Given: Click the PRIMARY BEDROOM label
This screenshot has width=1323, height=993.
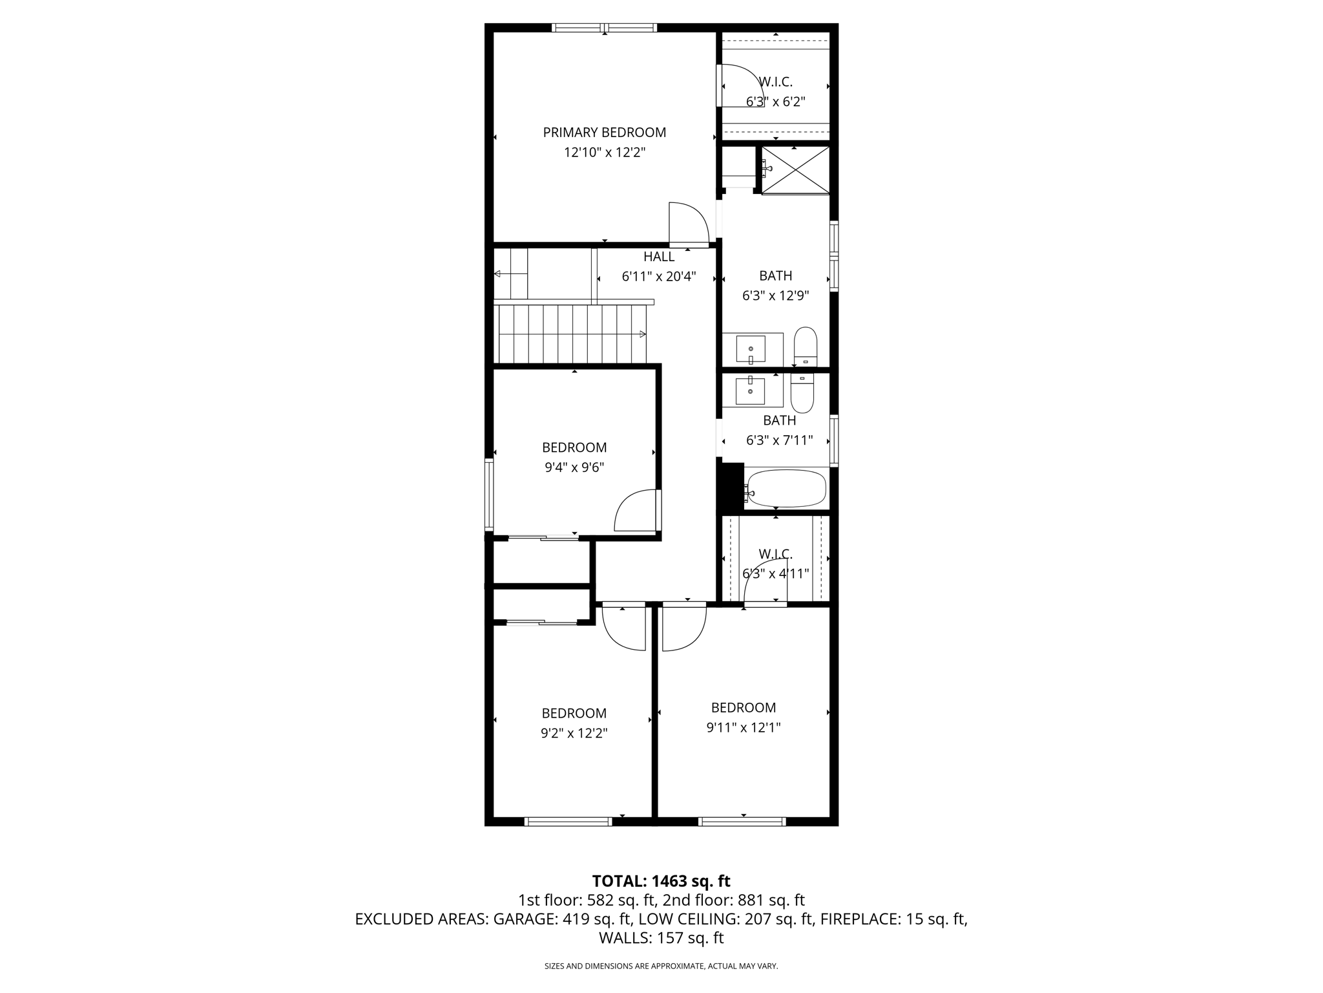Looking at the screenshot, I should tap(604, 133).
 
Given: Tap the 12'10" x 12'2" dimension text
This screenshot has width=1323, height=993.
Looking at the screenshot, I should tap(604, 153).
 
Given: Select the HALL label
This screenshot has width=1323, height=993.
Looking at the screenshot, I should tap(658, 257).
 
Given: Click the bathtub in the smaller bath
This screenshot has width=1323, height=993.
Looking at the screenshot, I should tap(786, 489).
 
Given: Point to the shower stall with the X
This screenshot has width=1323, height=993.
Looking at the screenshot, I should tap(796, 170).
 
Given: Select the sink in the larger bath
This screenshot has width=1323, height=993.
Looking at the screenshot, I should tap(751, 349).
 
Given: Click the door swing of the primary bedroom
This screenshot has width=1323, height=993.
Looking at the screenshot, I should tap(689, 224).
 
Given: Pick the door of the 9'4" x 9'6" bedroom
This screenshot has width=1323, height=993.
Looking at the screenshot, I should tap(637, 511).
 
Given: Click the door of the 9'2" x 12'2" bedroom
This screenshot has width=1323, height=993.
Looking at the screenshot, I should tap(623, 628).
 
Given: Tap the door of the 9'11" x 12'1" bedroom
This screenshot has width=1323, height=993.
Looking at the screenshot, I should tap(683, 628).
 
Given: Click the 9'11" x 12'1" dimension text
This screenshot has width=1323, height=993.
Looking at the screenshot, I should tap(743, 727).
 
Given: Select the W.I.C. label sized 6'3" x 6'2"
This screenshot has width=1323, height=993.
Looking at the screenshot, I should tap(775, 82).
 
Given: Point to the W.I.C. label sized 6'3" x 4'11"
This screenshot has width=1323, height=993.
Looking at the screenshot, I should tap(775, 554).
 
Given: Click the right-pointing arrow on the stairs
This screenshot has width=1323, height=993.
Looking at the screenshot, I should tap(642, 334).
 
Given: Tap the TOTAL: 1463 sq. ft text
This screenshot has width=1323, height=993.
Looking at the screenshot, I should tap(661, 881).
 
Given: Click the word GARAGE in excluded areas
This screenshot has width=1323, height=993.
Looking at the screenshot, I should tap(522, 919).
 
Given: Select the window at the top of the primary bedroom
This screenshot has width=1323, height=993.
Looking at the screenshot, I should tap(604, 28).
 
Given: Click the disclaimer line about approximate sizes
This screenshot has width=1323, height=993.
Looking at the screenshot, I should tap(661, 966).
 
